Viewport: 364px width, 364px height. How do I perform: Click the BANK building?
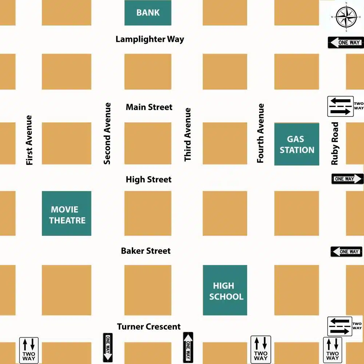point(148,13)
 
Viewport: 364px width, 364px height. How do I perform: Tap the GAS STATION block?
point(297,144)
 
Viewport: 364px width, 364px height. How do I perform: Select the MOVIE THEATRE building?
point(67,214)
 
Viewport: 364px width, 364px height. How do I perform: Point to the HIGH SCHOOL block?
point(225,290)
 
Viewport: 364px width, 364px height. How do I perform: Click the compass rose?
point(345,17)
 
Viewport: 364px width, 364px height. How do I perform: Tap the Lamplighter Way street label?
point(150,39)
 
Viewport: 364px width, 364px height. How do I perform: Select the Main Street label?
point(149,107)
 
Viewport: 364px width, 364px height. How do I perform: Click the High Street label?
point(149,179)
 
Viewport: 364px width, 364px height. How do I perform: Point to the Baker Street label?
point(146,251)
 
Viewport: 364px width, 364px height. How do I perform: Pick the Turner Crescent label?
point(149,327)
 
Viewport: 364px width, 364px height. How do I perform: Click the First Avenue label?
point(29,140)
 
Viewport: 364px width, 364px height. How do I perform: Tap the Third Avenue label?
point(187,135)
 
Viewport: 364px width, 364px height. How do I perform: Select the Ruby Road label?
point(335,143)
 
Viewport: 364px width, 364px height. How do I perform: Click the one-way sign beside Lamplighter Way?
point(345,43)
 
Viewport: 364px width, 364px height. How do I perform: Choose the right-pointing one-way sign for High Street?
point(347,179)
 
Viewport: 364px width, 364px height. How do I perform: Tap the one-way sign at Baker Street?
point(347,252)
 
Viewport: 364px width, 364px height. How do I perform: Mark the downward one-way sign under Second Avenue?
point(108,347)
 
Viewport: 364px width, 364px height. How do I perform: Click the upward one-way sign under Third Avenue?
point(188,347)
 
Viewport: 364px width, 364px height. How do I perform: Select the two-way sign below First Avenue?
point(29,349)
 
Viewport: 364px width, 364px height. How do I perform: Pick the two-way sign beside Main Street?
point(341,106)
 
